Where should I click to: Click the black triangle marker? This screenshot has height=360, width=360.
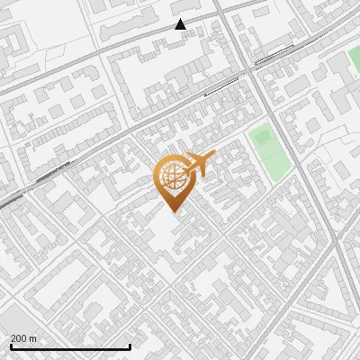tap(181, 24)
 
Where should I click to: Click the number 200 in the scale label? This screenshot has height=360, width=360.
tap(19, 338)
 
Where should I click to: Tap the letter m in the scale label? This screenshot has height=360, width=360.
tap(32, 338)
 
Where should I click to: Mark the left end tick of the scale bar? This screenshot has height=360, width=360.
tap(10, 346)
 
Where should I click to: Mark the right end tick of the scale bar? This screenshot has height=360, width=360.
tap(130, 346)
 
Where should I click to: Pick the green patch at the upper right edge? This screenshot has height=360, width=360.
tap(354, 60)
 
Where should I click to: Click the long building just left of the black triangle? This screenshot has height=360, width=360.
tap(135, 30)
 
